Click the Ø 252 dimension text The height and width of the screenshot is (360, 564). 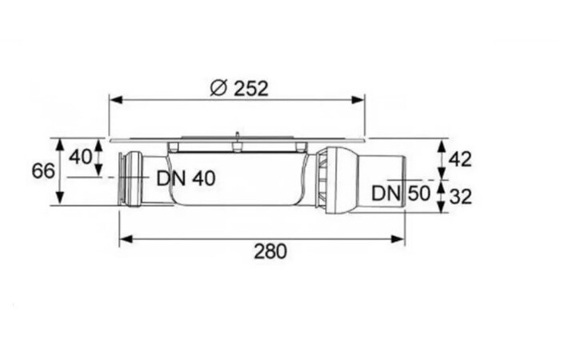pos(238,88)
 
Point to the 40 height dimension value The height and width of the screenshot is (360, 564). pos(80,156)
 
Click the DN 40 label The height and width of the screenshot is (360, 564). pos(186,178)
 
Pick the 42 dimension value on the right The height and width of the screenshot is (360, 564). pos(459,158)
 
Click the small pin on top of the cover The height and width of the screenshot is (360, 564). pos(237,135)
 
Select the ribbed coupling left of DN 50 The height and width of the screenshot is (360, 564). pos(322,180)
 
